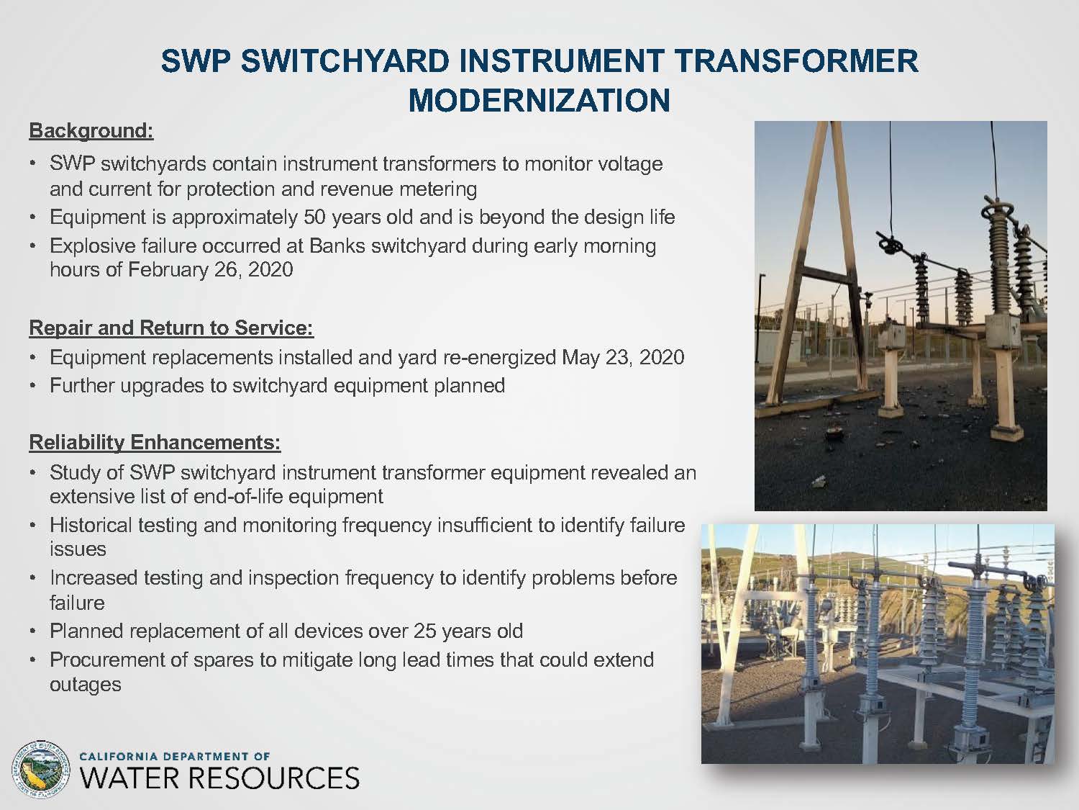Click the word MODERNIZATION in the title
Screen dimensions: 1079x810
539,100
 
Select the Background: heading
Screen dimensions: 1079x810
91,131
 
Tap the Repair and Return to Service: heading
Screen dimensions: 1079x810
171,328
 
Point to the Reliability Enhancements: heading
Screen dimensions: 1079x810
155,442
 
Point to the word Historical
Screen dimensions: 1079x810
91,525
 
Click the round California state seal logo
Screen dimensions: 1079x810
41,769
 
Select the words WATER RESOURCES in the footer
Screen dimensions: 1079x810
219,778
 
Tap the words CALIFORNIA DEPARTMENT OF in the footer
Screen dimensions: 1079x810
175,756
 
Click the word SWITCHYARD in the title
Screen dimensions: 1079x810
345,61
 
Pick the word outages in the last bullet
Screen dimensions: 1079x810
86,685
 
